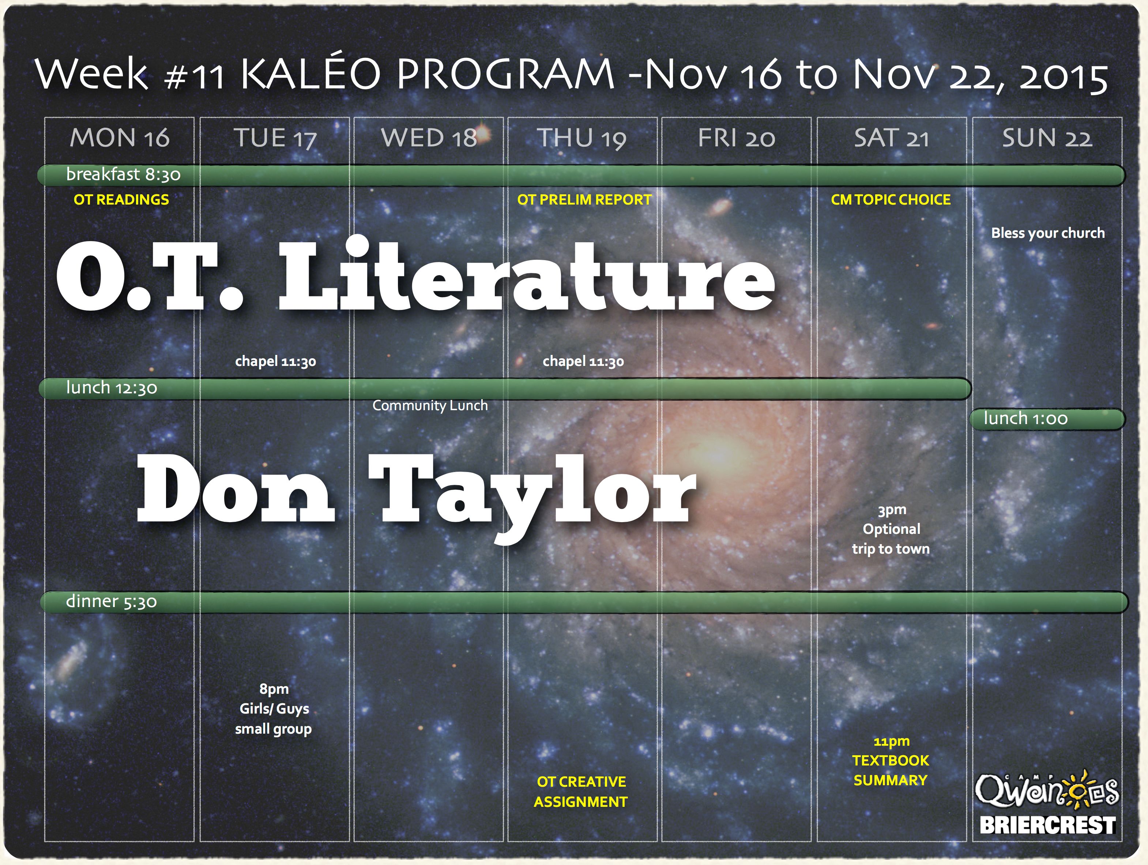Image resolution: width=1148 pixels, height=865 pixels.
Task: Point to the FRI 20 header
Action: click(737, 138)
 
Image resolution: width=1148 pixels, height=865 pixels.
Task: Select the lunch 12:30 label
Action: click(112, 387)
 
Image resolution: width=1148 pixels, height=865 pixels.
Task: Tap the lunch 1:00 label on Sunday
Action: click(1025, 418)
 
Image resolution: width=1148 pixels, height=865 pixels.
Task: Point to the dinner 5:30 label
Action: click(111, 601)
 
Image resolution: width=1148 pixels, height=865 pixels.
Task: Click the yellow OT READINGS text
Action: click(121, 199)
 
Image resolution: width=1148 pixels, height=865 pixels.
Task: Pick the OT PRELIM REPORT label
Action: click(584, 199)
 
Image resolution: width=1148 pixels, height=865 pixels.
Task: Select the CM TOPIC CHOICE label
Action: click(891, 199)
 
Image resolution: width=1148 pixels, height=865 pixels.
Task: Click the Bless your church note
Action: click(1048, 233)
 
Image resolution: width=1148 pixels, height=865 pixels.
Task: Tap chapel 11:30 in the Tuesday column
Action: click(276, 361)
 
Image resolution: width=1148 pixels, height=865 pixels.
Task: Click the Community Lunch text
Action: click(430, 405)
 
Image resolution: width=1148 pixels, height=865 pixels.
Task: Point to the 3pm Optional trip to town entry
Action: click(891, 529)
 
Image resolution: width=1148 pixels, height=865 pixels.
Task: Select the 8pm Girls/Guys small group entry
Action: click(274, 709)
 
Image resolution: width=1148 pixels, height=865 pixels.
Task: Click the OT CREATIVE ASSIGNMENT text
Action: click(581, 792)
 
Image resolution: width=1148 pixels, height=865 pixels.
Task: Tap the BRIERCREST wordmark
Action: click(1047, 825)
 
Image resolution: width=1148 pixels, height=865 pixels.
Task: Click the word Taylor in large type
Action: click(532, 493)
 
